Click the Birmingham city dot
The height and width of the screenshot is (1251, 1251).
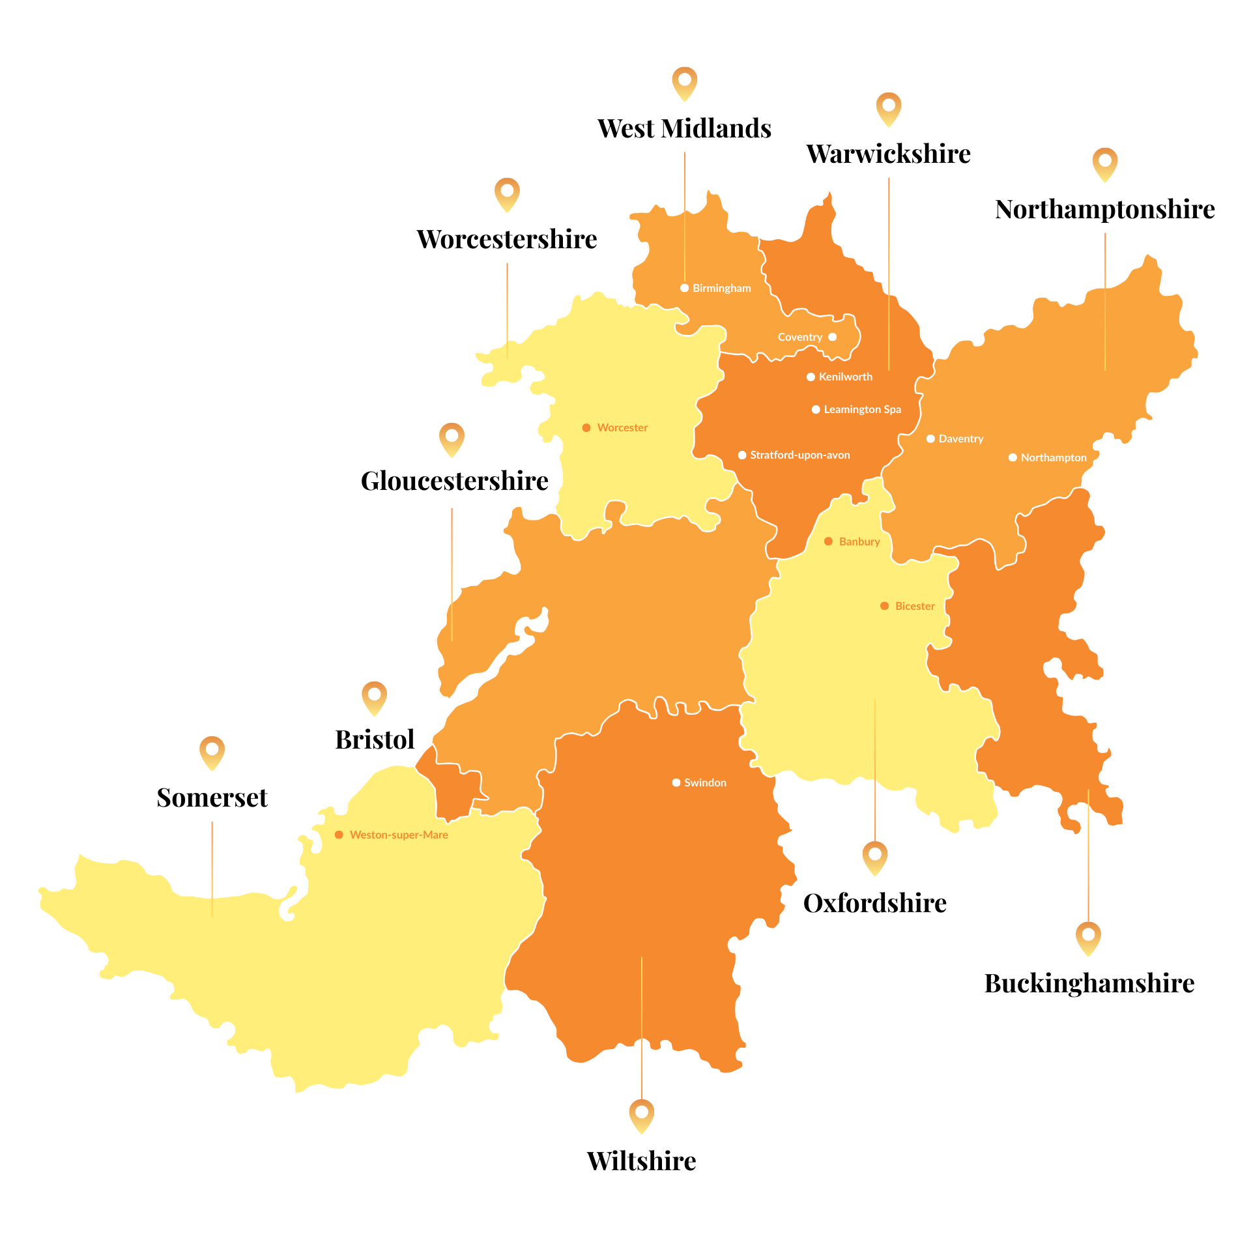(684, 288)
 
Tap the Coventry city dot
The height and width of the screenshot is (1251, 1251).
(832, 337)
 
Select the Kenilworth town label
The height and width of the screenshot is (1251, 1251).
(845, 377)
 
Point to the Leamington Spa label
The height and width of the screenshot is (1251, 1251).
(862, 409)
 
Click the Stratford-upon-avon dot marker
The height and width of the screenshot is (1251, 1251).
(741, 455)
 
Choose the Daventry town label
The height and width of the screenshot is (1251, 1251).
(960, 439)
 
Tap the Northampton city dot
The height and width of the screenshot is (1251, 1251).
(1013, 457)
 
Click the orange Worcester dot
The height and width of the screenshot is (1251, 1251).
(586, 427)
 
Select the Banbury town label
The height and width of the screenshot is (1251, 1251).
(859, 541)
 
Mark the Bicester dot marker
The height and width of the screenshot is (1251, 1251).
(884, 606)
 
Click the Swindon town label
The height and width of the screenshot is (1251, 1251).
(705, 783)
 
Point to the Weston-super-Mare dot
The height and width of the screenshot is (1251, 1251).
(339, 835)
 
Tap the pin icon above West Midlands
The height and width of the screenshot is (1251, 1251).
(684, 83)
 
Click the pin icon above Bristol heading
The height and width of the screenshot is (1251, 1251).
(374, 697)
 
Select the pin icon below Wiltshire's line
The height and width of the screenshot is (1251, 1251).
(641, 1115)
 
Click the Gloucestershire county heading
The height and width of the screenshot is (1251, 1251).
(454, 481)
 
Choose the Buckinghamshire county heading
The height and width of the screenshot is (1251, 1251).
(1089, 983)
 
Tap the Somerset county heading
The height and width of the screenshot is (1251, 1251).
(212, 798)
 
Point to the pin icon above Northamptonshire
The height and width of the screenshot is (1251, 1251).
(1104, 164)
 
